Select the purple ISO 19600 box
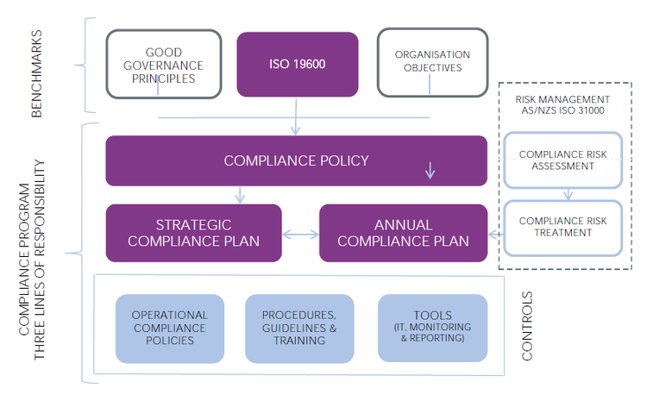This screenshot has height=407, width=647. coord(297,64)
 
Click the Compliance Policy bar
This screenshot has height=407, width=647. coord(296,160)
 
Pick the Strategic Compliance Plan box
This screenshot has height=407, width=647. coord(194,233)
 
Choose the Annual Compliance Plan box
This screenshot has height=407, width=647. coord(403,233)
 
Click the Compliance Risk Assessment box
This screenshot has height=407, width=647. coord(562,160)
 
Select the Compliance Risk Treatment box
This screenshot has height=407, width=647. coord(562,228)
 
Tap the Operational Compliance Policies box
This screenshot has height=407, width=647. coord(169,328)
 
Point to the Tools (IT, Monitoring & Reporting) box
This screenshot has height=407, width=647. coord(431,328)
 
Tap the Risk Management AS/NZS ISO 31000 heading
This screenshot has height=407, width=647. coord(562,106)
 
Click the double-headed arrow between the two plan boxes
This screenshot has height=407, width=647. coord(300,234)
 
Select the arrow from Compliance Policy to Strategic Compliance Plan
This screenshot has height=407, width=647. coord(241,194)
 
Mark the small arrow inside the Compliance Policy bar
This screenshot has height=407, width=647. coord(430,170)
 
